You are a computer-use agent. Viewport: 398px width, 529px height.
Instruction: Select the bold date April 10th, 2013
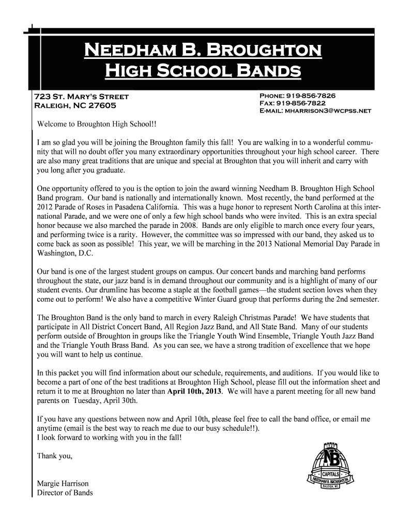tap(195, 391)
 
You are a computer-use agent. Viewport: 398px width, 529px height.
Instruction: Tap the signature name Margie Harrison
tap(63, 484)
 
